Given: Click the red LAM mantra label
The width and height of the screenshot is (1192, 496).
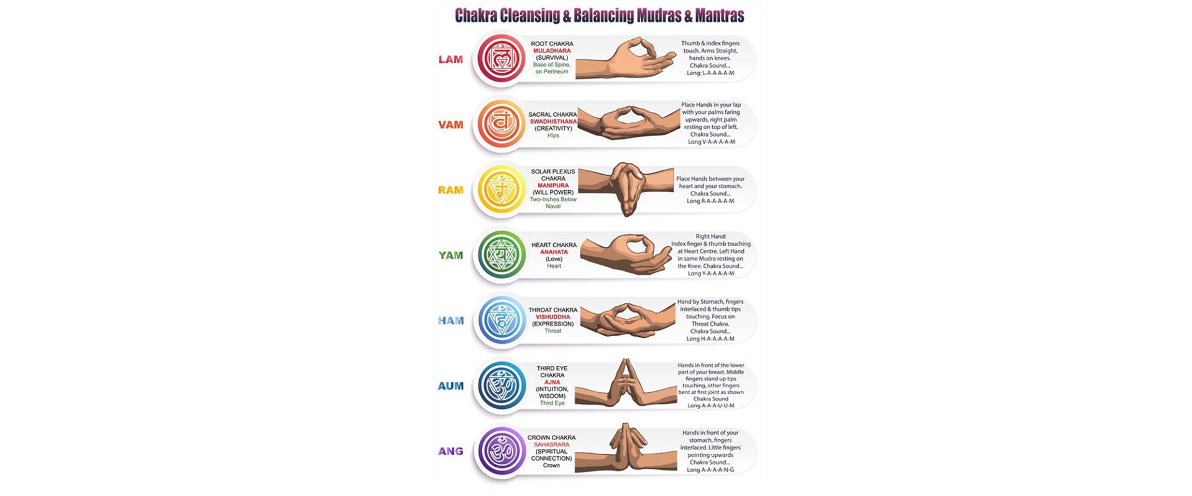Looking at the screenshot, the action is [451, 60].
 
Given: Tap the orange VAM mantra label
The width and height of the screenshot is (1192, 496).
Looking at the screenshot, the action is [451, 125].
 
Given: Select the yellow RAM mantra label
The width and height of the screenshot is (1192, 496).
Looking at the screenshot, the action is [451, 190].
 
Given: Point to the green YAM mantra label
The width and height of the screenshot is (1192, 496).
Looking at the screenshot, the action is [451, 255].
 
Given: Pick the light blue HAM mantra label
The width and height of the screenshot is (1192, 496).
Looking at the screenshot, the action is [451, 321].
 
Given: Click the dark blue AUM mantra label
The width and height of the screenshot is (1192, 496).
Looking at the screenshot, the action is [451, 386].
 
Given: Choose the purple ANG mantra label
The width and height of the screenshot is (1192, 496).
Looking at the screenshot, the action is [451, 451].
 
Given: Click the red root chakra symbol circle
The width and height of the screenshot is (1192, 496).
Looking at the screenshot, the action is [500, 58].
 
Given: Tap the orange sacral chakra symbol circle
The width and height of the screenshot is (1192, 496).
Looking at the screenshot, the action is [500, 124].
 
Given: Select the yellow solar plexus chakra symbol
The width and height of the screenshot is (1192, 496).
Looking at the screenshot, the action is [500, 189].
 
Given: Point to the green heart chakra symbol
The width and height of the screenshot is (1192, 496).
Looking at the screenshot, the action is [500, 255].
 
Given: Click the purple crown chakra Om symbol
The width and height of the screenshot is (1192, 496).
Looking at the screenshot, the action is [500, 451].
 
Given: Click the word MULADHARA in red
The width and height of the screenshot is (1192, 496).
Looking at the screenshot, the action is [552, 51].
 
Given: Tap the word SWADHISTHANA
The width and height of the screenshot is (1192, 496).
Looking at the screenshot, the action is [553, 121].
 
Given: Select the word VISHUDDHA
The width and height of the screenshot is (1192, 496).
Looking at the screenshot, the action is [552, 317].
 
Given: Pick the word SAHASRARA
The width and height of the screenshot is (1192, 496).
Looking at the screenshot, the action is [551, 445].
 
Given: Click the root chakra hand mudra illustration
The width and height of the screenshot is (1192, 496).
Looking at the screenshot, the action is [625, 59].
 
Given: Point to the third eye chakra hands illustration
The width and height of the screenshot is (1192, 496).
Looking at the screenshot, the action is [625, 384].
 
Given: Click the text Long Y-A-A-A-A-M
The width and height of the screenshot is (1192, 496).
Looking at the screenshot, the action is [710, 273].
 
